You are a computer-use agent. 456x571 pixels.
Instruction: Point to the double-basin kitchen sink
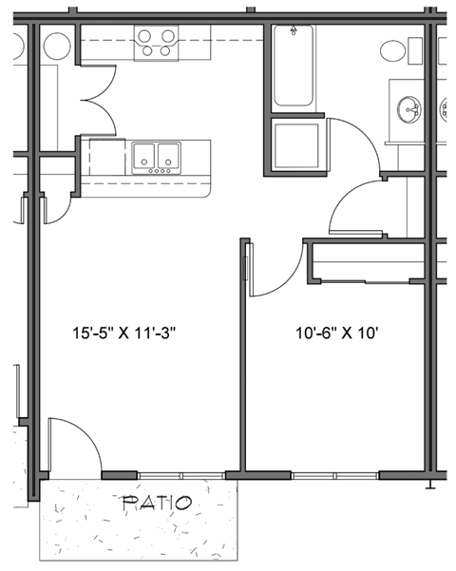click(x=158, y=155)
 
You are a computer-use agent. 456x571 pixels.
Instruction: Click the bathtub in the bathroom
click(x=294, y=67)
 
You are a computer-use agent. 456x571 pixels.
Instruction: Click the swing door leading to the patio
click(x=72, y=447)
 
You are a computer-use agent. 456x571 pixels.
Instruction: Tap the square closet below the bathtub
click(x=297, y=144)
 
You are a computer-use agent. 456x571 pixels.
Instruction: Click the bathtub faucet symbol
click(x=294, y=31)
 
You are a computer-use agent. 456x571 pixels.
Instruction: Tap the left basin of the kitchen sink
click(x=145, y=155)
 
